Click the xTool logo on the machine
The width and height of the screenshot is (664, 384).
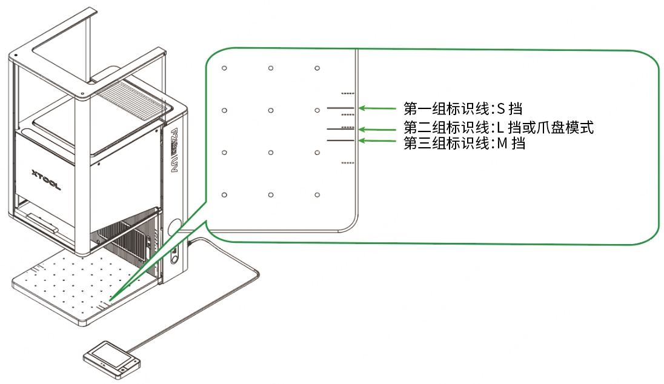(46, 179)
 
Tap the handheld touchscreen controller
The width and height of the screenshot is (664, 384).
(111, 360)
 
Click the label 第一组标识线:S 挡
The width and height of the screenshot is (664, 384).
(462, 109)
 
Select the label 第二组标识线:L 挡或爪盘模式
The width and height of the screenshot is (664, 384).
(499, 127)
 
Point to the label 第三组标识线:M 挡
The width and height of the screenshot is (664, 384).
(464, 144)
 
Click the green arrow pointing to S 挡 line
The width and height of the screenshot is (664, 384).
(377, 108)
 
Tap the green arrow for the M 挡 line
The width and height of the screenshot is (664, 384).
(377, 141)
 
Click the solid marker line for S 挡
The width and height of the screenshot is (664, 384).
(340, 108)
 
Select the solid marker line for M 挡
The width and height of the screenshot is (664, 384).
(340, 141)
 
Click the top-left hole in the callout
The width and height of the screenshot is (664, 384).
(224, 68)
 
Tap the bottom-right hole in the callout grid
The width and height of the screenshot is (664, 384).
(317, 195)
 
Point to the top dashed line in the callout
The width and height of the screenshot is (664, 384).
(348, 93)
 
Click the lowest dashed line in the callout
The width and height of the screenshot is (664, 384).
(348, 162)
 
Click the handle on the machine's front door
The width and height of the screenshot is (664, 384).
(42, 222)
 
